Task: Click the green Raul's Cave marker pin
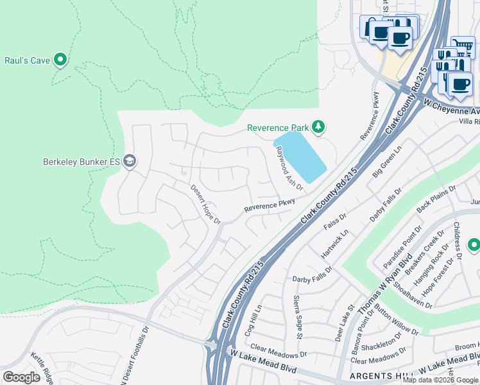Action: (61, 60)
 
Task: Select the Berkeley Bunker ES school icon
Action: (130, 160)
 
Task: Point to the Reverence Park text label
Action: (278, 128)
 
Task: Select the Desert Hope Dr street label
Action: (205, 205)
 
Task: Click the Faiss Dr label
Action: (335, 221)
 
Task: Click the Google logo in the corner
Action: (21, 377)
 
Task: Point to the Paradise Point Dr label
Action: (411, 244)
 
